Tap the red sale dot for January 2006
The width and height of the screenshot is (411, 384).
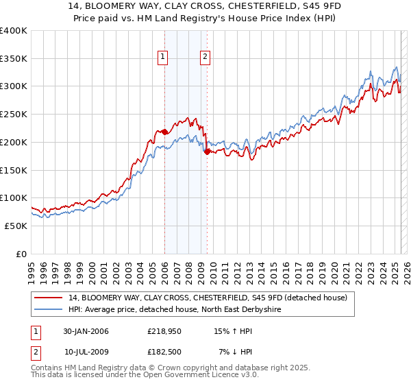point(164,131)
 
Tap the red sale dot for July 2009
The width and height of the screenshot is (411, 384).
point(206,152)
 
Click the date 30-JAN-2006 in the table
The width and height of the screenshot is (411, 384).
point(86,331)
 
